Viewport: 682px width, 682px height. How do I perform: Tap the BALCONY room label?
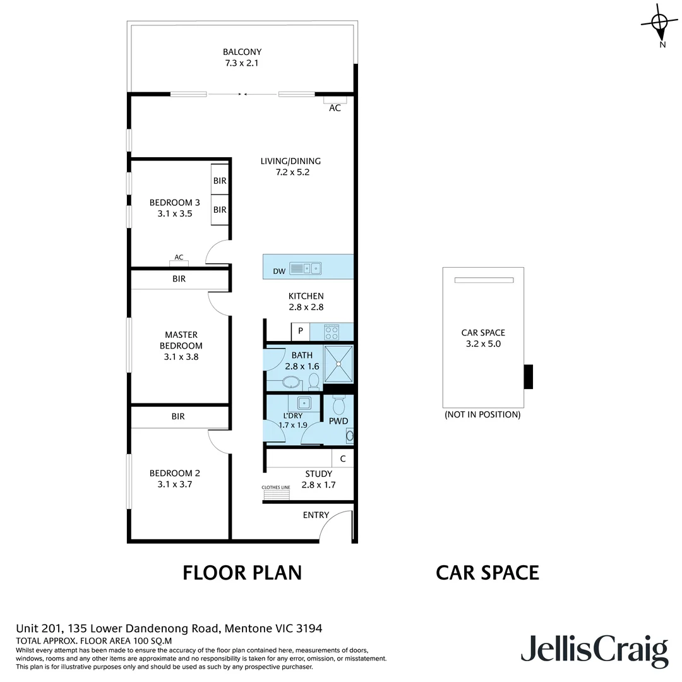coord(242,52)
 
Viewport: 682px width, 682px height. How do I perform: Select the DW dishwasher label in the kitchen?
coord(279,271)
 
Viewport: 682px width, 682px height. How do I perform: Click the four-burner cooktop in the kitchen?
coord(331,332)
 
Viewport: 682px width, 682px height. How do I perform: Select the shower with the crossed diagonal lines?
coord(338,364)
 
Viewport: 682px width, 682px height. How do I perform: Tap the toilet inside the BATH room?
coord(314,381)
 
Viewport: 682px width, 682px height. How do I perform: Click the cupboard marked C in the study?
coord(343,459)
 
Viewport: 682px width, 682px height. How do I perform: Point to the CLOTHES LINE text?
coord(276,488)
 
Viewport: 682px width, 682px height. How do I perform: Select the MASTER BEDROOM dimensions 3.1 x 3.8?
coord(181,357)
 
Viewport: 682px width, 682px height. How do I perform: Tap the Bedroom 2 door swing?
coord(218,440)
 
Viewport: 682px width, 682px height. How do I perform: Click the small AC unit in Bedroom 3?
coord(179,263)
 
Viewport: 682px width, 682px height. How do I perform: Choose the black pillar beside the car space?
coord(529,377)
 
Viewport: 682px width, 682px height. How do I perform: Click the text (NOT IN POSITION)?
coord(482,415)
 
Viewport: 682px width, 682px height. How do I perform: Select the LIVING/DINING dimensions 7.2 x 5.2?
coord(290,172)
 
